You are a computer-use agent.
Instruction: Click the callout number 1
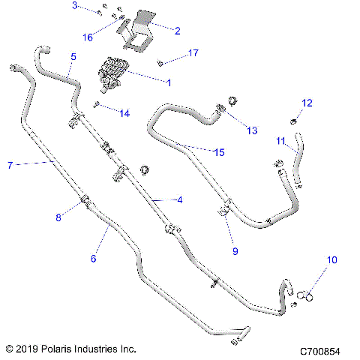pyautogui.click(x=169, y=82)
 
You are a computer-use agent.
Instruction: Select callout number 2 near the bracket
pyautogui.click(x=177, y=31)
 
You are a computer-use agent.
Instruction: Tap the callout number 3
pyautogui.click(x=74, y=6)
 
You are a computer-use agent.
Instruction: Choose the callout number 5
pyautogui.click(x=73, y=56)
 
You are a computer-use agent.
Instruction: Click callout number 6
pyautogui.click(x=94, y=258)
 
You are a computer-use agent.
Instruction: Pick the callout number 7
pyautogui.click(x=10, y=164)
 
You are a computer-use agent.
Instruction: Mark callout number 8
pyautogui.click(x=58, y=217)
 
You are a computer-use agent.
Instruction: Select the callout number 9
pyautogui.click(x=235, y=251)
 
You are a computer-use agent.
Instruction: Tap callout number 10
pyautogui.click(x=331, y=260)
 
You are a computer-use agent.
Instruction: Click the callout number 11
pyautogui.click(x=280, y=140)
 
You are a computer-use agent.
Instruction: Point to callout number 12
pyautogui.click(x=307, y=103)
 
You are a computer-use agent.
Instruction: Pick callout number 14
pyautogui.click(x=124, y=113)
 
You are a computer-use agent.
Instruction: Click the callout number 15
pyautogui.click(x=219, y=152)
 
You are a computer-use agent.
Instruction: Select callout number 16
pyautogui.click(x=88, y=37)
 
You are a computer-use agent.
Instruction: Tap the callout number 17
pyautogui.click(x=193, y=53)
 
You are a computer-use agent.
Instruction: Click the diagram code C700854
pyautogui.click(x=320, y=351)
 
